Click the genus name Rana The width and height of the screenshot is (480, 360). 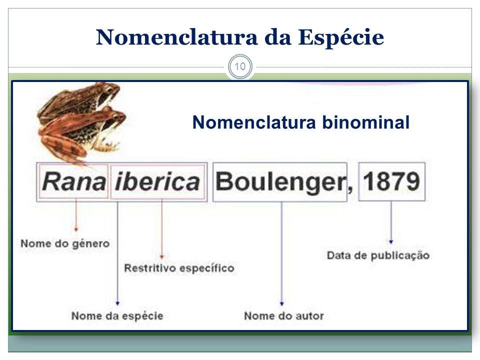pos(73,181)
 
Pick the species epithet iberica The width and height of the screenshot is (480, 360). pos(158,181)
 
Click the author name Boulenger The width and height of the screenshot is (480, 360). pos(279,182)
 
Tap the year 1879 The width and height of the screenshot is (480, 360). pos(391,181)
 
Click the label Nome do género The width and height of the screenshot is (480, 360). pos(65,244)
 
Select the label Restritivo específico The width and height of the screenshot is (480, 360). pos(179,268)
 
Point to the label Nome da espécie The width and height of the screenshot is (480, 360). pos(117,316)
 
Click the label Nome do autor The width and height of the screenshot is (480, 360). pos(283,316)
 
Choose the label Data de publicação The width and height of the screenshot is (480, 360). pos(378,255)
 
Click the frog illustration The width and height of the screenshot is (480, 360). pos(82,120)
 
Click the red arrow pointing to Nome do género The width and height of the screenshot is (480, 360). pos(75,215)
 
